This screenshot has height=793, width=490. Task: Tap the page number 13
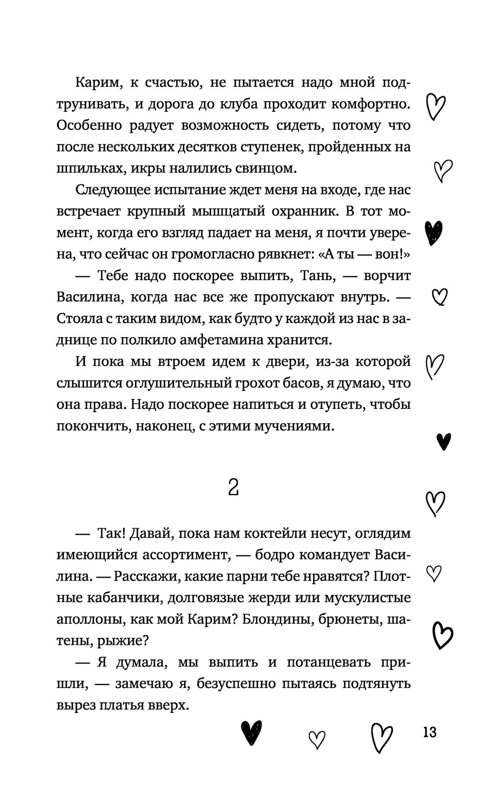pyautogui.click(x=429, y=733)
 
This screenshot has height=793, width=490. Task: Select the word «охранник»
pyautogui.click(x=294, y=211)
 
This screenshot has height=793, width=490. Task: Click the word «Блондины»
pyautogui.click(x=272, y=619)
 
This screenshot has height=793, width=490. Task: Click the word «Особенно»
pyautogui.click(x=89, y=125)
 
